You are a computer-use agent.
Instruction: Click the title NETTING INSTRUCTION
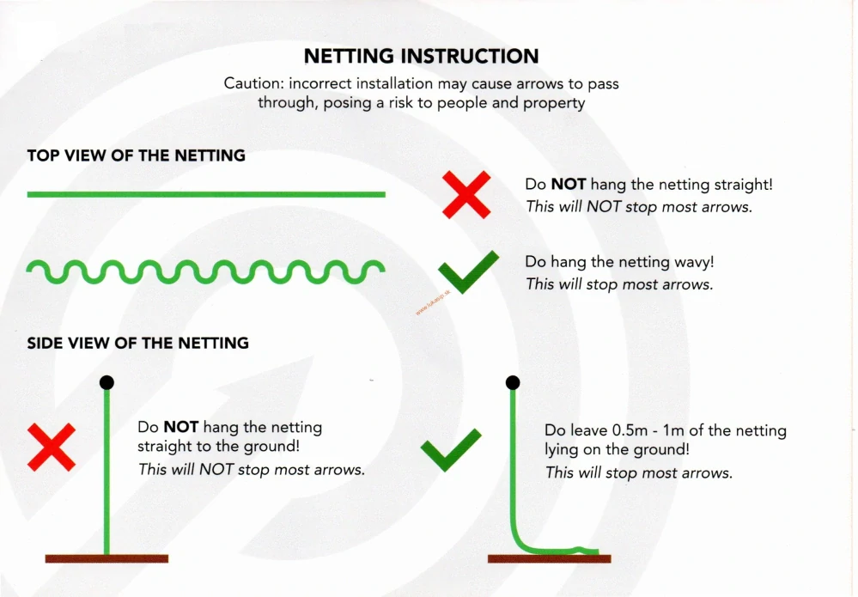[x=422, y=56]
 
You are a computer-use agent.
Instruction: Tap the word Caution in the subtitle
[x=253, y=83]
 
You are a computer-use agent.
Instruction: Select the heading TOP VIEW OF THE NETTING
[x=137, y=155]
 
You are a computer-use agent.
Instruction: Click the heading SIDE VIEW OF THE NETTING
[x=138, y=343]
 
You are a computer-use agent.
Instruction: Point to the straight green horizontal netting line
[x=206, y=194]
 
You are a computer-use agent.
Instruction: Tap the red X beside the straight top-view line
[x=466, y=195]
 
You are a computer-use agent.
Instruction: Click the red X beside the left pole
[x=52, y=447]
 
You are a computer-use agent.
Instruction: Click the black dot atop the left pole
[x=106, y=382]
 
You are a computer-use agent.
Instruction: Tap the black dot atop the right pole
[x=513, y=382]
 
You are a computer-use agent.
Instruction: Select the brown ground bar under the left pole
[x=106, y=558]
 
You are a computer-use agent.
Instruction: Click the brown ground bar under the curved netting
[x=550, y=558]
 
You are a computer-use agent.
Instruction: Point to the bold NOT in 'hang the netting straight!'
[x=569, y=185]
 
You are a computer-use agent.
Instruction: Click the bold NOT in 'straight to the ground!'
[x=181, y=427]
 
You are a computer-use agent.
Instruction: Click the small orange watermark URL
[x=433, y=302]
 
